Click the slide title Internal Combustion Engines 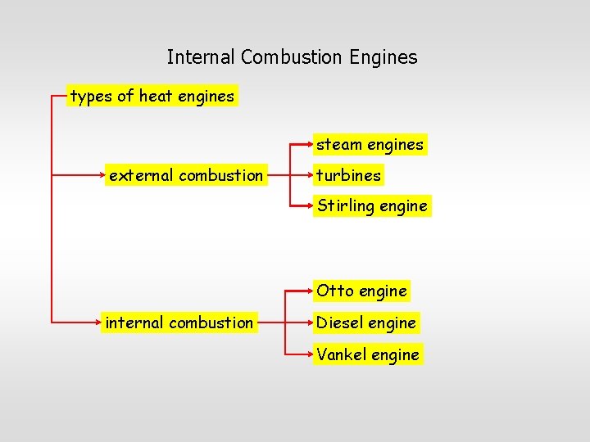[292, 57]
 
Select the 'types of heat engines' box [152, 97]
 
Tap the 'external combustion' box [186, 175]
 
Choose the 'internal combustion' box [179, 322]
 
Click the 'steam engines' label [370, 145]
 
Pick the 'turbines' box [348, 175]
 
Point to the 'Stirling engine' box [372, 205]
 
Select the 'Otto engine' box [361, 291]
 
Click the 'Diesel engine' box [366, 322]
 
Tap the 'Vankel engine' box [368, 354]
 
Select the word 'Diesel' [339, 322]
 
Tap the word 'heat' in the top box [155, 97]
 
